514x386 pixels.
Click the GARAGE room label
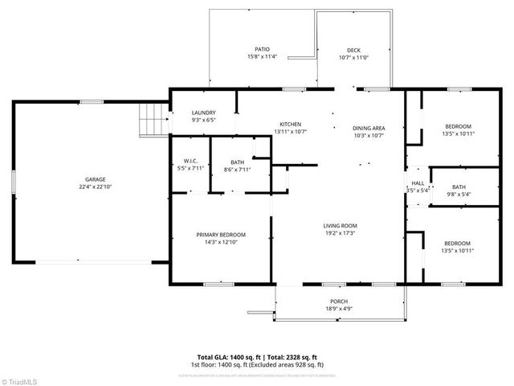tap(96, 179)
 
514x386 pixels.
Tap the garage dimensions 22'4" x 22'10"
tap(96, 188)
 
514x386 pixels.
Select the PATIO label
tap(262, 49)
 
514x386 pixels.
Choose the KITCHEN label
tap(290, 124)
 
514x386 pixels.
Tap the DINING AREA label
tap(369, 128)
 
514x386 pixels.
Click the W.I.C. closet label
tap(190, 161)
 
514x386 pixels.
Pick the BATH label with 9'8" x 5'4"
tap(459, 187)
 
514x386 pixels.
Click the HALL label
tap(418, 183)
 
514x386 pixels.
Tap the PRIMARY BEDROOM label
tap(221, 234)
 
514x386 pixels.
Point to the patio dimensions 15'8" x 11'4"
tap(262, 57)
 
